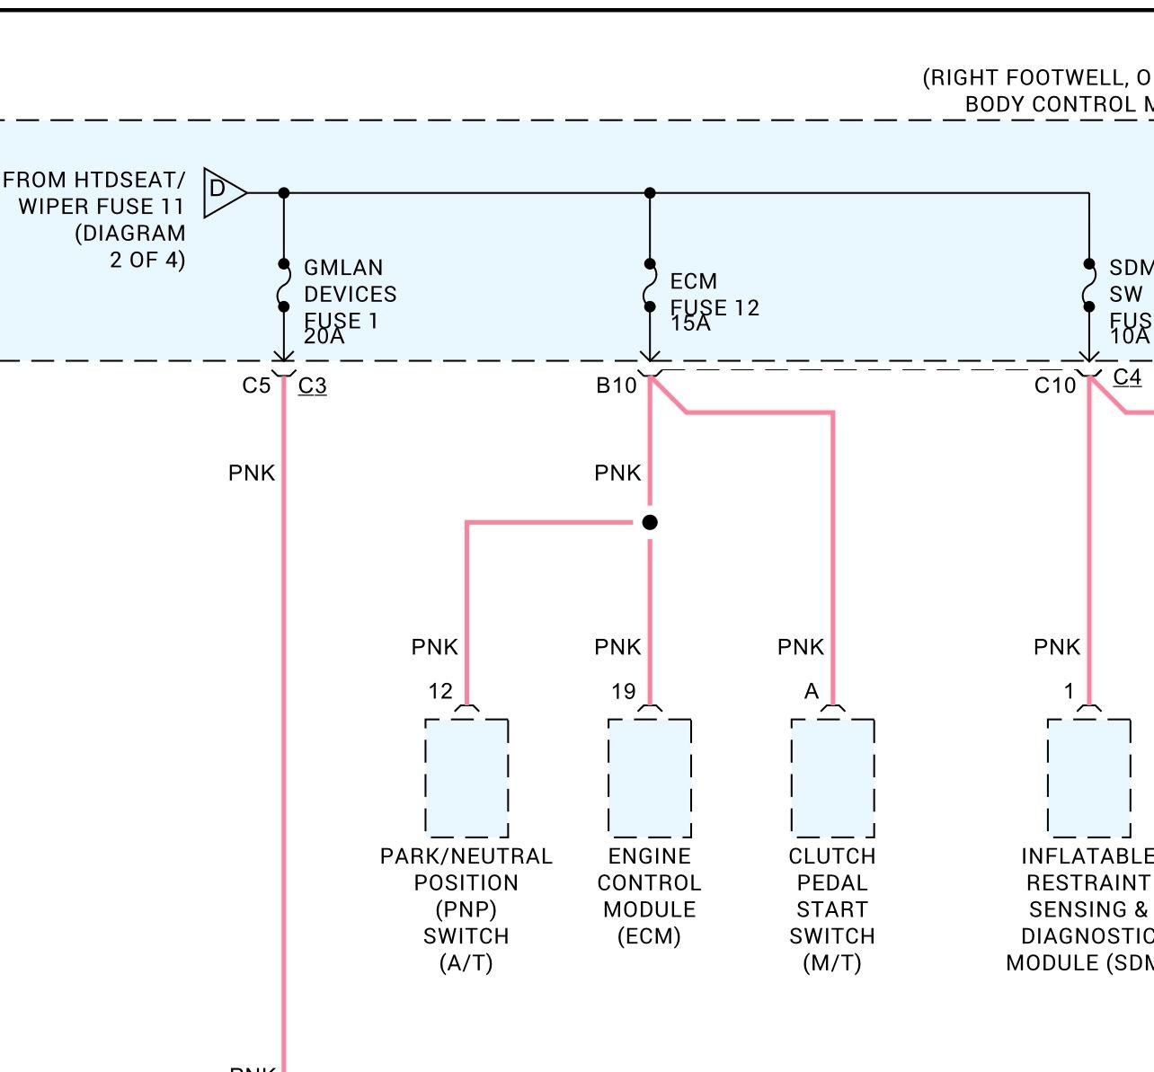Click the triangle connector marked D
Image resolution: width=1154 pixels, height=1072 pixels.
[x=222, y=191]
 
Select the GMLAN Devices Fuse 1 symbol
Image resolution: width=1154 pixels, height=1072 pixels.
[x=284, y=286]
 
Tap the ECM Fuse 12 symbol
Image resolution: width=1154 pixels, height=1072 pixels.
[x=650, y=286]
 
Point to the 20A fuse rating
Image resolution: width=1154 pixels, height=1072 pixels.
[x=324, y=336]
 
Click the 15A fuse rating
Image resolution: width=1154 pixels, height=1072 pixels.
[x=690, y=323]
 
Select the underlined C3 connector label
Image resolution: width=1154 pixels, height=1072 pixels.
[x=313, y=386]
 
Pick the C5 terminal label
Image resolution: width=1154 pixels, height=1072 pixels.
[x=256, y=385]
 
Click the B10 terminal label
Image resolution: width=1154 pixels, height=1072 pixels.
[x=617, y=385]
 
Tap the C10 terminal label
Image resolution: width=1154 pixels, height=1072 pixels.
[x=1055, y=385]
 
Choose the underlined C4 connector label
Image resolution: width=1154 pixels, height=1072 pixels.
[x=1127, y=377]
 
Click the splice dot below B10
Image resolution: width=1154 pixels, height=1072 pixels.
[x=650, y=522]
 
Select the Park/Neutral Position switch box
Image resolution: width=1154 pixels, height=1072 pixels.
[x=466, y=777]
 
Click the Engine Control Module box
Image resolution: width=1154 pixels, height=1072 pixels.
[x=650, y=777]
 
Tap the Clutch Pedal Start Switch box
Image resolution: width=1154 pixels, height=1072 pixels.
[x=832, y=777]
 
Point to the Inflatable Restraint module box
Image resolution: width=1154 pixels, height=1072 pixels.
[x=1089, y=777]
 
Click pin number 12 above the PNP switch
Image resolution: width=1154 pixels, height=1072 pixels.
[x=440, y=691]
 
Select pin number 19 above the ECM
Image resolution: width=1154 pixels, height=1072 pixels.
[x=624, y=691]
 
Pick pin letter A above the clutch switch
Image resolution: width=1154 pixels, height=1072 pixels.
[x=812, y=691]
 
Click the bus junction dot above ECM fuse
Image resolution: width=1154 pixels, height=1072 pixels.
[x=650, y=193]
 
